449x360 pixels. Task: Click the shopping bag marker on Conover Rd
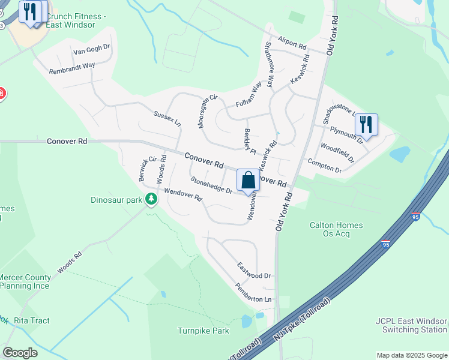click(248, 181)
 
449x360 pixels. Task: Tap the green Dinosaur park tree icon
click(151, 199)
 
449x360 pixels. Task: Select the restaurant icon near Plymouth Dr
click(366, 125)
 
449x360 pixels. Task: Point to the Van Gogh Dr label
click(92, 50)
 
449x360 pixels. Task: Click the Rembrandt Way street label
click(72, 68)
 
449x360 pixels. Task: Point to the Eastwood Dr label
click(254, 271)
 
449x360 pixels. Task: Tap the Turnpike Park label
click(203, 331)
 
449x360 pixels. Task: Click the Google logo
click(20, 352)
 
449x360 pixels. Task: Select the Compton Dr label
click(324, 166)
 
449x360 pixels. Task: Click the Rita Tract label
click(31, 320)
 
